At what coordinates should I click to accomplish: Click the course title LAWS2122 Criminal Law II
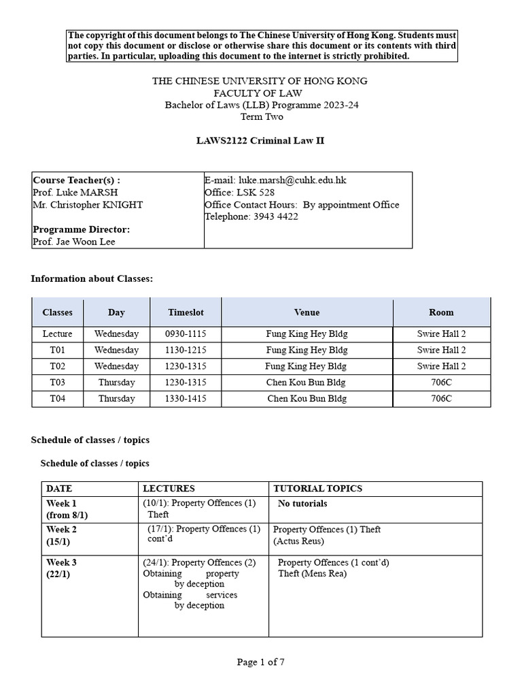tap(260, 140)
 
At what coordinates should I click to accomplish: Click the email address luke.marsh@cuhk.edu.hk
tap(292, 180)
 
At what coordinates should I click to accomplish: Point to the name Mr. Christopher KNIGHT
tap(88, 205)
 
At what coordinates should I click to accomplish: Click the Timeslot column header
tap(186, 312)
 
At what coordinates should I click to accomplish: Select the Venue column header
tap(307, 312)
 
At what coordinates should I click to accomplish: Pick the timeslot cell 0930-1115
tap(186, 334)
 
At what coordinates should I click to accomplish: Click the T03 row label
tap(57, 383)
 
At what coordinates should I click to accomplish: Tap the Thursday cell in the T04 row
tap(116, 399)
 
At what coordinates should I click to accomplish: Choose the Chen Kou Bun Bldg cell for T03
tap(307, 383)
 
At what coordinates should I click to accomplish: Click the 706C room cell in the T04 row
tap(441, 399)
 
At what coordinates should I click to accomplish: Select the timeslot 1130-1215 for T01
tap(186, 350)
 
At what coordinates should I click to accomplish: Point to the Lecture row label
tap(57, 334)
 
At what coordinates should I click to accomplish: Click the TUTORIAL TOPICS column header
tap(317, 489)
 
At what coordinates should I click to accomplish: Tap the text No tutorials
tap(302, 504)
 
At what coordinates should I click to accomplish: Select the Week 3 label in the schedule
tap(61, 562)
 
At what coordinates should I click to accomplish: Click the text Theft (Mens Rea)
tap(312, 573)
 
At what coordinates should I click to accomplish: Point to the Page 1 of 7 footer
tap(260, 663)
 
